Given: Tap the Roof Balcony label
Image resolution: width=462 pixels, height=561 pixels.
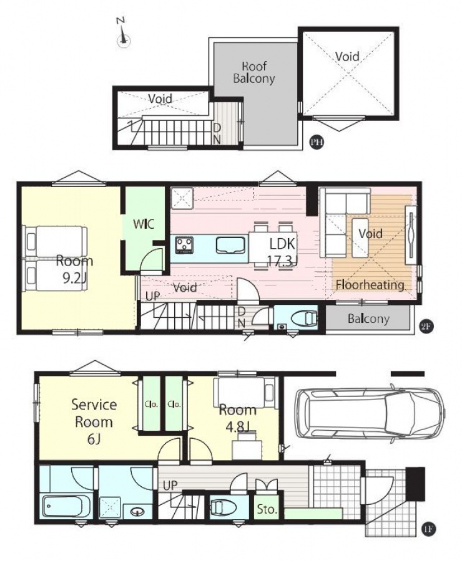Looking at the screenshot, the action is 253,72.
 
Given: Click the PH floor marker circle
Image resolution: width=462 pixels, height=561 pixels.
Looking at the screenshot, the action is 317,142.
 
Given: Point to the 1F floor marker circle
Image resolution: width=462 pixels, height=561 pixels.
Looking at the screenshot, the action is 428,529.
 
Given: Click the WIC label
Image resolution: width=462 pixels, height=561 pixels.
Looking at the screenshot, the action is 144,224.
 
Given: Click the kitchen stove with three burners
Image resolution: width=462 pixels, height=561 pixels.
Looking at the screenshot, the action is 184,245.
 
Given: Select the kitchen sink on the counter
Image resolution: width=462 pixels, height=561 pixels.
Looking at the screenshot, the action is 232,245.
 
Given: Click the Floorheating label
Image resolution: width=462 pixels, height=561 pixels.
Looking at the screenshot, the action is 370,285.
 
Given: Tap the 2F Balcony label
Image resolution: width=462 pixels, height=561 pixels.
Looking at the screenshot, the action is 368,319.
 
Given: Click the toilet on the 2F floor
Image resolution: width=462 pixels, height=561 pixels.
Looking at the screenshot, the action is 303,318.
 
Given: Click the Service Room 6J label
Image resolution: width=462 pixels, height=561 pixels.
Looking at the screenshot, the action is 94,422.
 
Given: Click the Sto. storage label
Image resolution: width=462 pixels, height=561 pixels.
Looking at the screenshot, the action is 267,509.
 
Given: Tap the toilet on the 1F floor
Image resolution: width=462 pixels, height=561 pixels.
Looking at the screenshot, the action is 223,507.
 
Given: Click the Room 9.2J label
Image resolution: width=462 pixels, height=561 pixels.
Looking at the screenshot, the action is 74,269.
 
